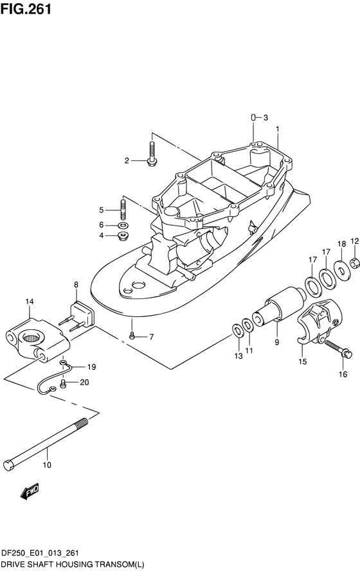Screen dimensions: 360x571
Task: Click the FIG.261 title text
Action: [26, 8]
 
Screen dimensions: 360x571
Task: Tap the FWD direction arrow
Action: [30, 492]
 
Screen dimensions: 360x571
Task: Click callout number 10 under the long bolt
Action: [47, 465]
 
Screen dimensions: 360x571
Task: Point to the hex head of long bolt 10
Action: [9, 465]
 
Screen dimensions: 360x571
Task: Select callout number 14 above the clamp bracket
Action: [30, 302]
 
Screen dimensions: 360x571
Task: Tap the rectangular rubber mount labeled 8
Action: [80, 316]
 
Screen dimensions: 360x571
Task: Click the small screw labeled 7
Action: [132, 336]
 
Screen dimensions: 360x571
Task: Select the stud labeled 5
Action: [123, 209]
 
